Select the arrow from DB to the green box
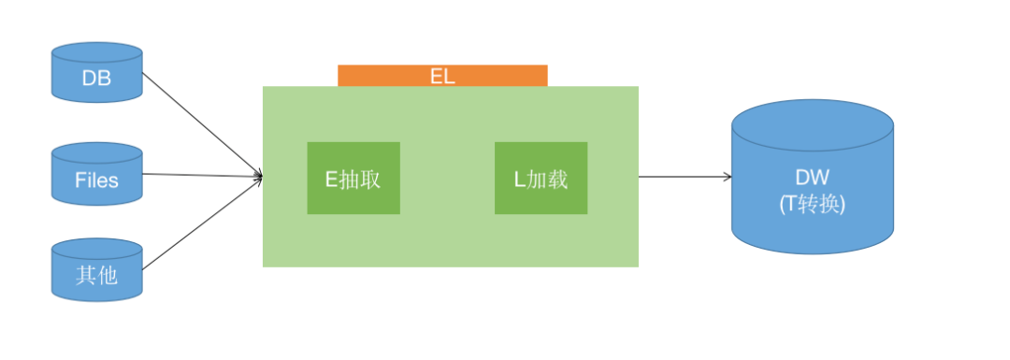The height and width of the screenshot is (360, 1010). point(201,122)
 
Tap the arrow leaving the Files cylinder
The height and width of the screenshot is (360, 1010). point(201,175)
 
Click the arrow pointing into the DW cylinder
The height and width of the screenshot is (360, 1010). point(683,177)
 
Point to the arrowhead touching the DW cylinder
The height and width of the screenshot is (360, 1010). point(728,177)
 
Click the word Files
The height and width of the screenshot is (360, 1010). point(96,180)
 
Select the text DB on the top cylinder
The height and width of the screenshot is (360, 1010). point(96,79)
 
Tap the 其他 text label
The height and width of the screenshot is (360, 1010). point(96,277)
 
